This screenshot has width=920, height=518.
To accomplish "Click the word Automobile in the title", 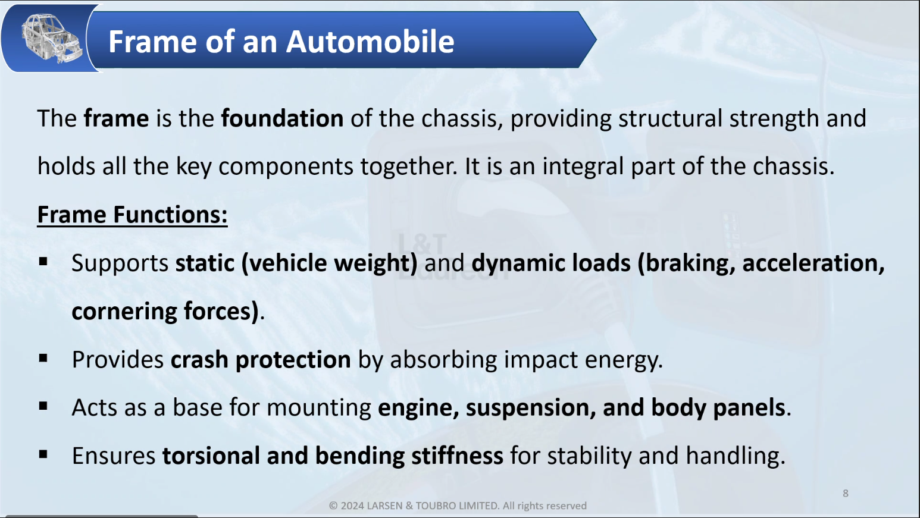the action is (x=370, y=42).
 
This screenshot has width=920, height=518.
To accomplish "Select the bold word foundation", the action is (x=282, y=118).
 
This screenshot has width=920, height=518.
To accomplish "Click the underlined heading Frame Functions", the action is (x=132, y=215).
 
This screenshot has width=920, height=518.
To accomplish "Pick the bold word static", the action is (x=205, y=263).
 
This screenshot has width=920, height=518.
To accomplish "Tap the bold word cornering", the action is (x=124, y=312).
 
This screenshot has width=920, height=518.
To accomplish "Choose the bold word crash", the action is (x=199, y=360).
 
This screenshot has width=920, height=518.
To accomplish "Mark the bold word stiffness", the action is (x=457, y=456).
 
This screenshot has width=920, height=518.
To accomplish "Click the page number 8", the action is (x=846, y=494).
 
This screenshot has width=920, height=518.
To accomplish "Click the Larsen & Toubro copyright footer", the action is (x=458, y=506).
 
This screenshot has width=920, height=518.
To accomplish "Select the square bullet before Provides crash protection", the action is (x=43, y=359).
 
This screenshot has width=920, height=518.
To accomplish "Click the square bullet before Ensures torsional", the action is (x=43, y=454).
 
